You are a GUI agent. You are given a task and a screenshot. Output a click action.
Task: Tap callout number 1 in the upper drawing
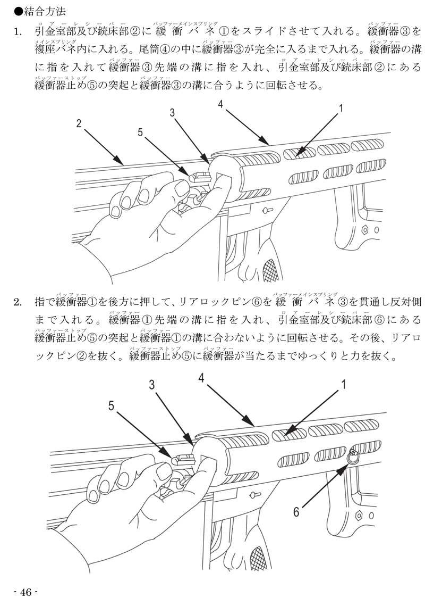click(x=341, y=109)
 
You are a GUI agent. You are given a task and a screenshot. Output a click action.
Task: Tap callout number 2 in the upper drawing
click(x=79, y=124)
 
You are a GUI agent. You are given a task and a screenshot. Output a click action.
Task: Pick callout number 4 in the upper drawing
click(x=220, y=103)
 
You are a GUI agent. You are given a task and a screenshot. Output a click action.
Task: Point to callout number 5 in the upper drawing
click(x=140, y=133)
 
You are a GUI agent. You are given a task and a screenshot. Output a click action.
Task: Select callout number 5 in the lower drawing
click(x=112, y=406)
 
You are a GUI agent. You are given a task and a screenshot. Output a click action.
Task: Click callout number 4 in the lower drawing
click(x=201, y=378)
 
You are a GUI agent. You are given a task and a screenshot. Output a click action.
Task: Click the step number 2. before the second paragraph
click(x=18, y=302)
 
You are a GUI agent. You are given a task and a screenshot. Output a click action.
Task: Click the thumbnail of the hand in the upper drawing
click(x=181, y=188)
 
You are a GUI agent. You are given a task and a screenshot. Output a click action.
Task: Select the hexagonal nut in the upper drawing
click(x=365, y=230)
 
